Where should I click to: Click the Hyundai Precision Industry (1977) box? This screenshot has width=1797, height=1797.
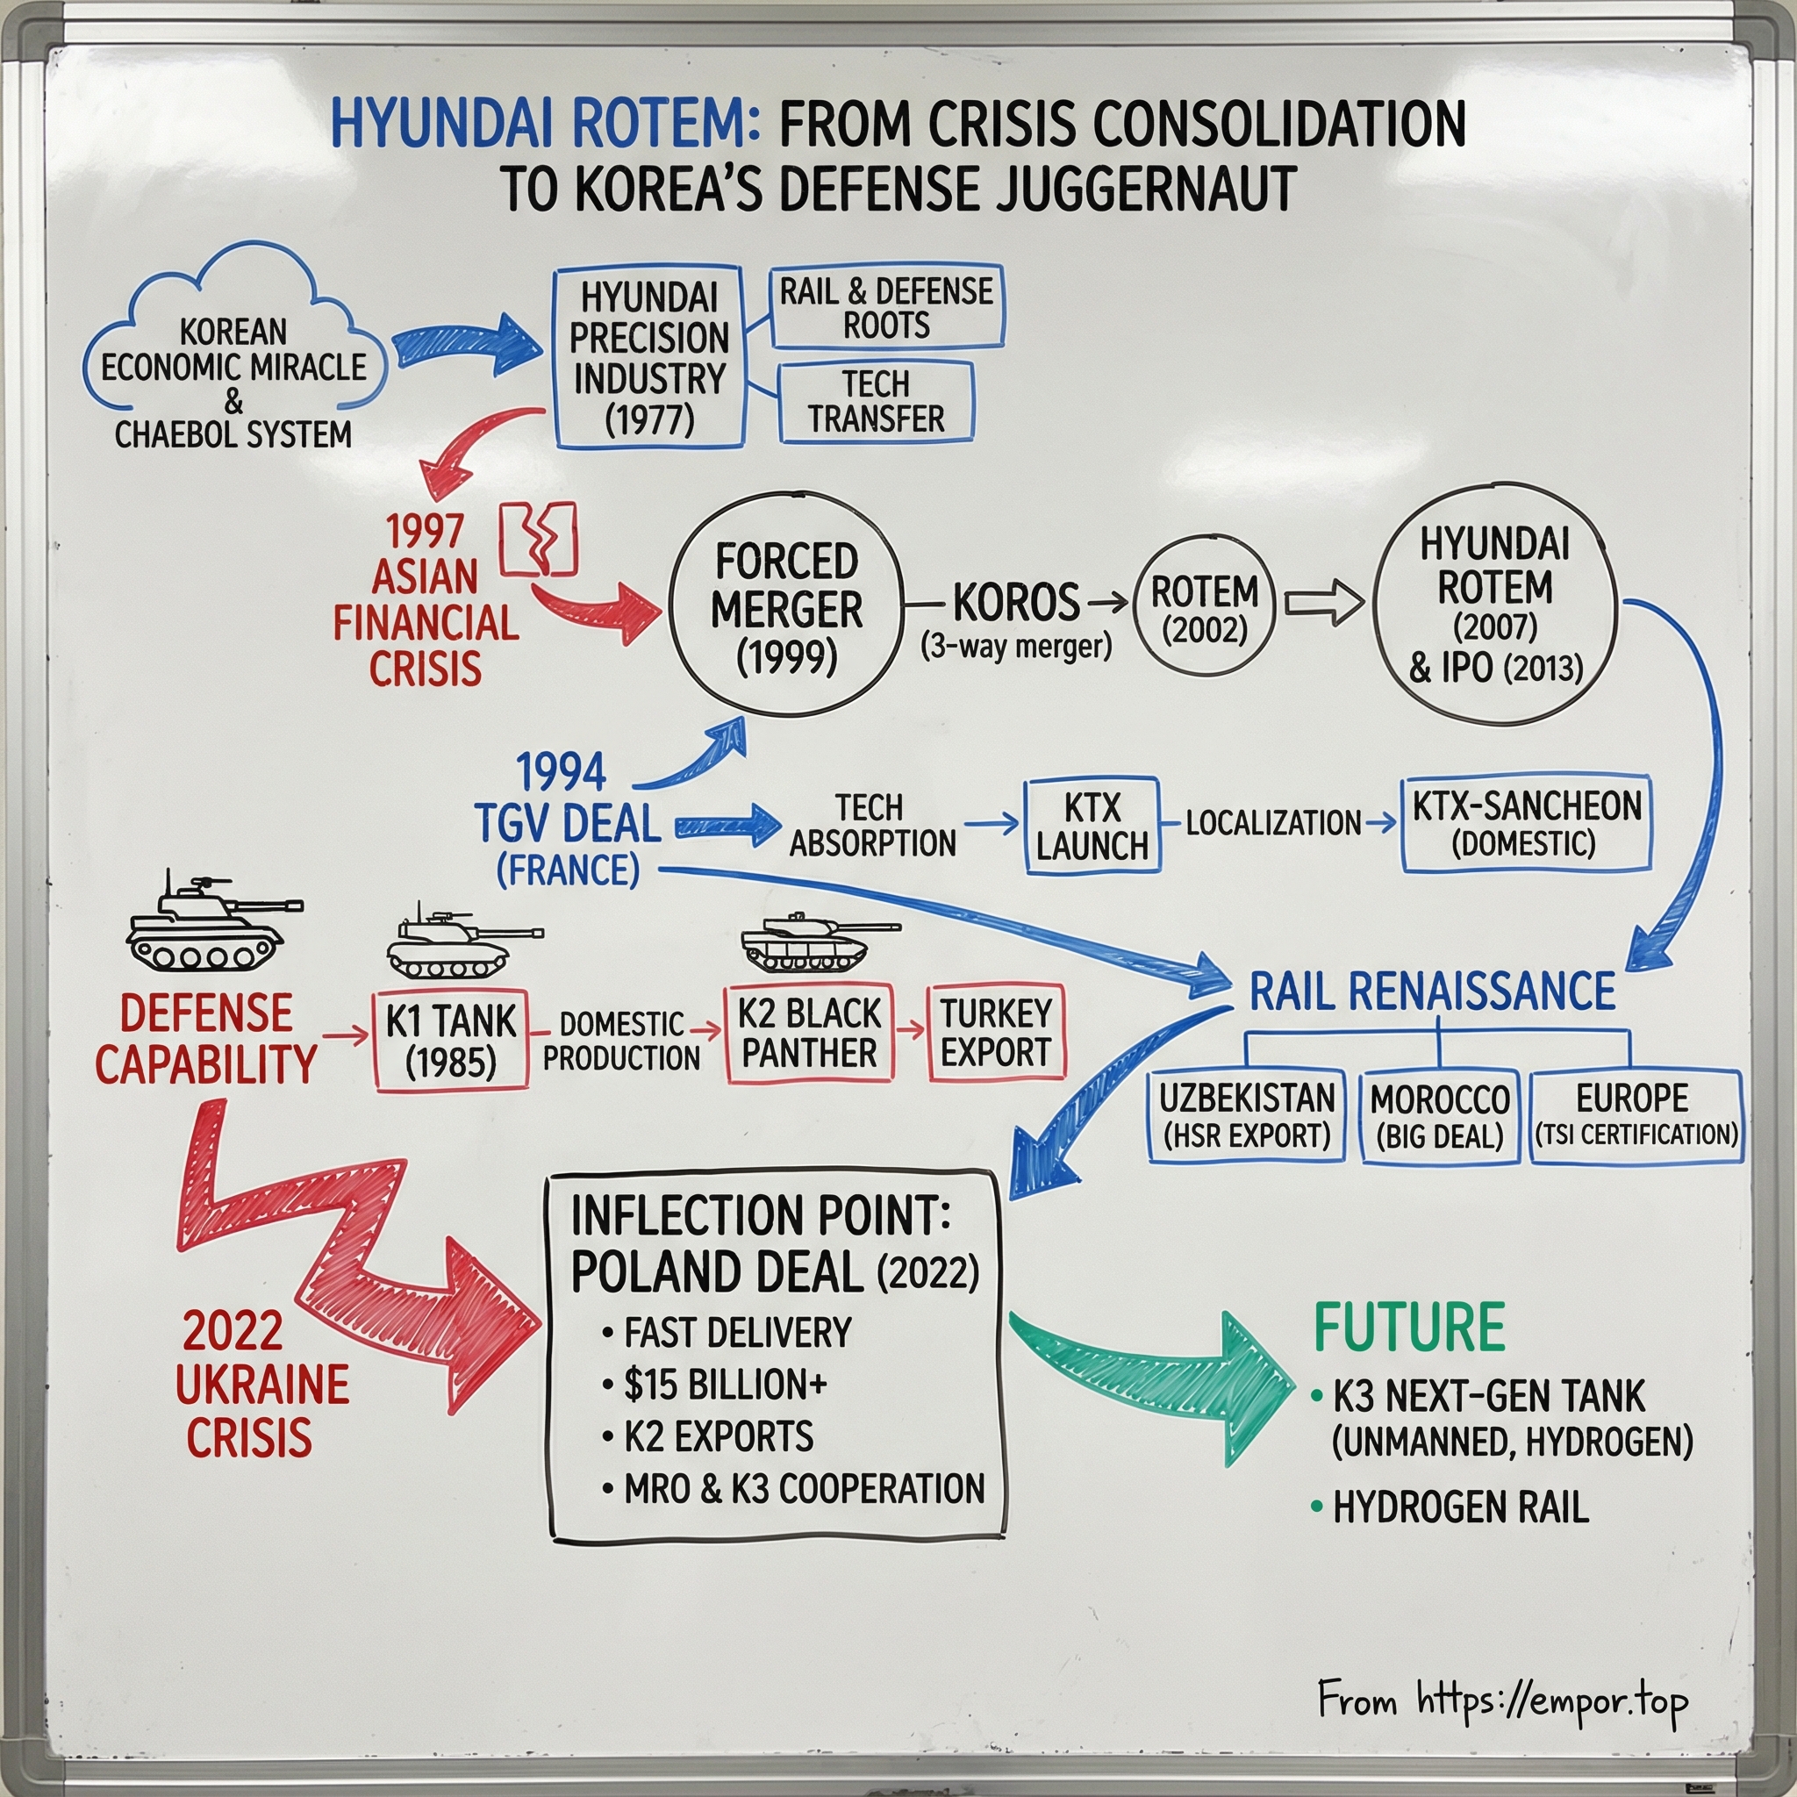click(x=649, y=358)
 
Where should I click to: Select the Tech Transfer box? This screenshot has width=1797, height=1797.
click(x=875, y=402)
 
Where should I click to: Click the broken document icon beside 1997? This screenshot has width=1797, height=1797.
click(x=539, y=539)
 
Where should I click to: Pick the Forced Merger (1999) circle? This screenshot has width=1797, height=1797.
click(x=786, y=609)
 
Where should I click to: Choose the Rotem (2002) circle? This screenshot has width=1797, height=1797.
click(x=1205, y=609)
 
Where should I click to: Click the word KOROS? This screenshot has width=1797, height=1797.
click(x=1016, y=604)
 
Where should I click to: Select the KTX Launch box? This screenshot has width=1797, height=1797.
click(x=1092, y=826)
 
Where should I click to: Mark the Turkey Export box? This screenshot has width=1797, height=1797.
click(x=995, y=1034)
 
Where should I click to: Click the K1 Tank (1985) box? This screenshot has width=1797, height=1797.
click(x=451, y=1041)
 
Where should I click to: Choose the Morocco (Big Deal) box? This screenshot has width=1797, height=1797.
click(x=1439, y=1116)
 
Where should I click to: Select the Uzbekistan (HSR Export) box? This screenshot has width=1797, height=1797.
click(x=1246, y=1116)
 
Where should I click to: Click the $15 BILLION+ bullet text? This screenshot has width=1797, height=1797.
click(x=725, y=1385)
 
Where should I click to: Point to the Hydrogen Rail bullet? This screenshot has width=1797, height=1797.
click(x=1459, y=1507)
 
